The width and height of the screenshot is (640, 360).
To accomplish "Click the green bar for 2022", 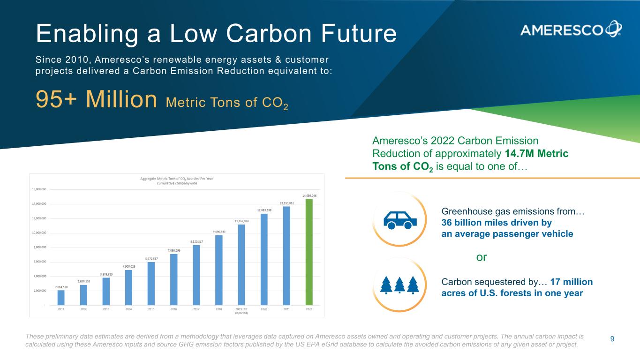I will (309, 252).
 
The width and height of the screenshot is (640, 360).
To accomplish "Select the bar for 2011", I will (61, 297).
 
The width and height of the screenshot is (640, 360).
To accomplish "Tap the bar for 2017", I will (196, 275).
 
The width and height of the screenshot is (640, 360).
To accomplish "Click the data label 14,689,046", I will (309, 195).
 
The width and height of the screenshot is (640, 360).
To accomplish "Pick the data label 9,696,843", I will (219, 232).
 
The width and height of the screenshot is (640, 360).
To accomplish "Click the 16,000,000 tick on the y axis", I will (39, 189).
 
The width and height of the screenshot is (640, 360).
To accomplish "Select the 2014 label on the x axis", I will (128, 309).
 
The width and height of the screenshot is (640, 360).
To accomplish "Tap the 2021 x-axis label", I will (286, 309).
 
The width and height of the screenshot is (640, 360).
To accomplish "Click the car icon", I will (400, 219).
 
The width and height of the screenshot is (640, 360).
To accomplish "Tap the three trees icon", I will (399, 285).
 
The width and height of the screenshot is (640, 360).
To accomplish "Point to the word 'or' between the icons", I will (482, 257).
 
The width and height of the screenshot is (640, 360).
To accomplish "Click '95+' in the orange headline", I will (55, 99).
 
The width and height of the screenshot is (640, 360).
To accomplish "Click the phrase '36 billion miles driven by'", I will (497, 223).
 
